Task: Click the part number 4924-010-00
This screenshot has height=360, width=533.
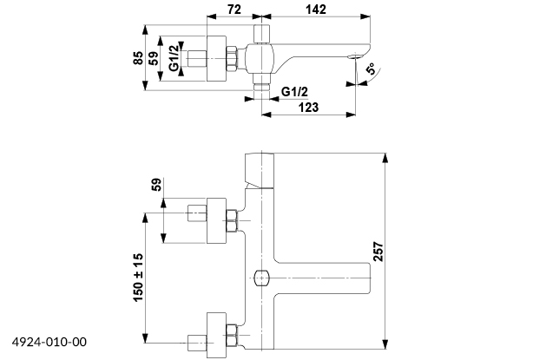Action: pyautogui.click(x=50, y=343)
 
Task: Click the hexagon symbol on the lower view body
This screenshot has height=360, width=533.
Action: pyautogui.click(x=261, y=279)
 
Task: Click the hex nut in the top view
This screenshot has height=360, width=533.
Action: pyautogui.click(x=232, y=60)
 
